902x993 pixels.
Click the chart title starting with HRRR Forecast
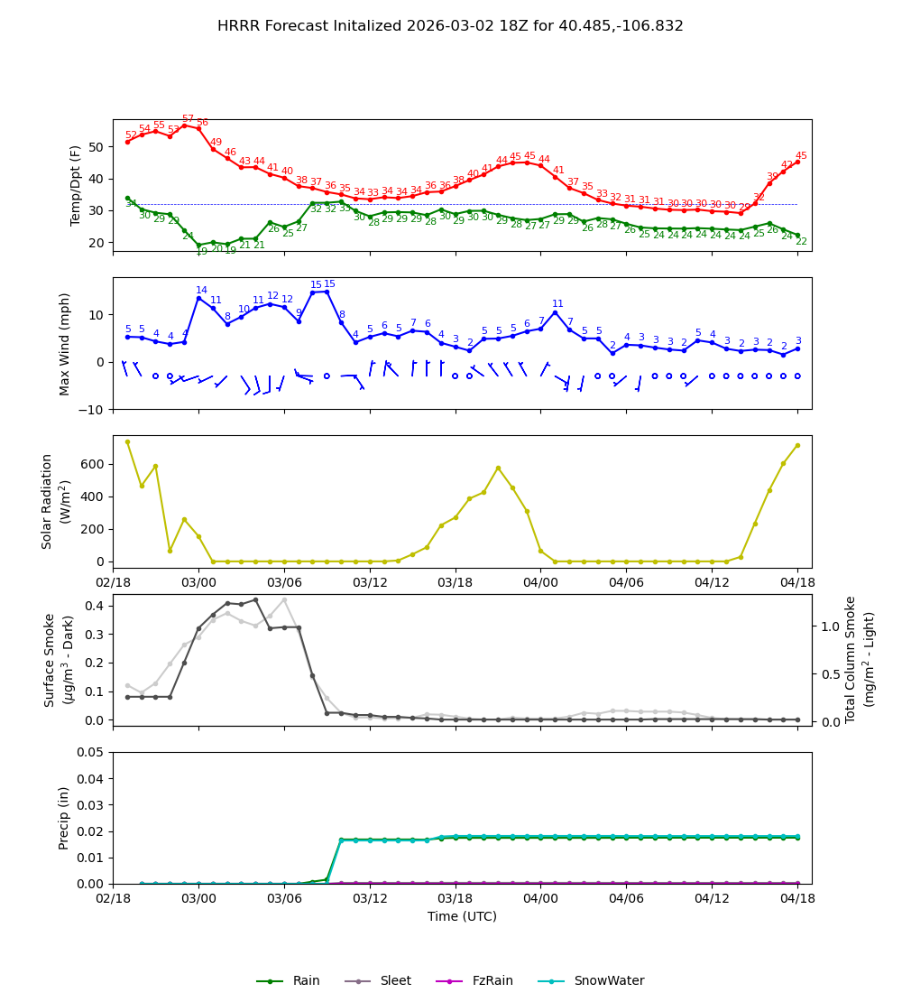(x=450, y=26)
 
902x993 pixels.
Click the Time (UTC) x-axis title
(x=462, y=916)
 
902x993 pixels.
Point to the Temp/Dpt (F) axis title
(x=77, y=186)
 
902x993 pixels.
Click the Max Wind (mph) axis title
(x=65, y=344)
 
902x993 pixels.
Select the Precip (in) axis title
(x=64, y=818)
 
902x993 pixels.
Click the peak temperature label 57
(x=188, y=119)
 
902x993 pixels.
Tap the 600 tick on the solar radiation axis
(x=94, y=464)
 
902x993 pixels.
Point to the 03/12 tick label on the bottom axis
(x=370, y=898)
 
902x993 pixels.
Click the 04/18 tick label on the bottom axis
(x=797, y=898)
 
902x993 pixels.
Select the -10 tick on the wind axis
(x=93, y=410)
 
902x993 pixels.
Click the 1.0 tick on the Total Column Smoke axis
(x=831, y=626)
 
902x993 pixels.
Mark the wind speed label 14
(x=201, y=291)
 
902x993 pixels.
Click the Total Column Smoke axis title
(x=861, y=660)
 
